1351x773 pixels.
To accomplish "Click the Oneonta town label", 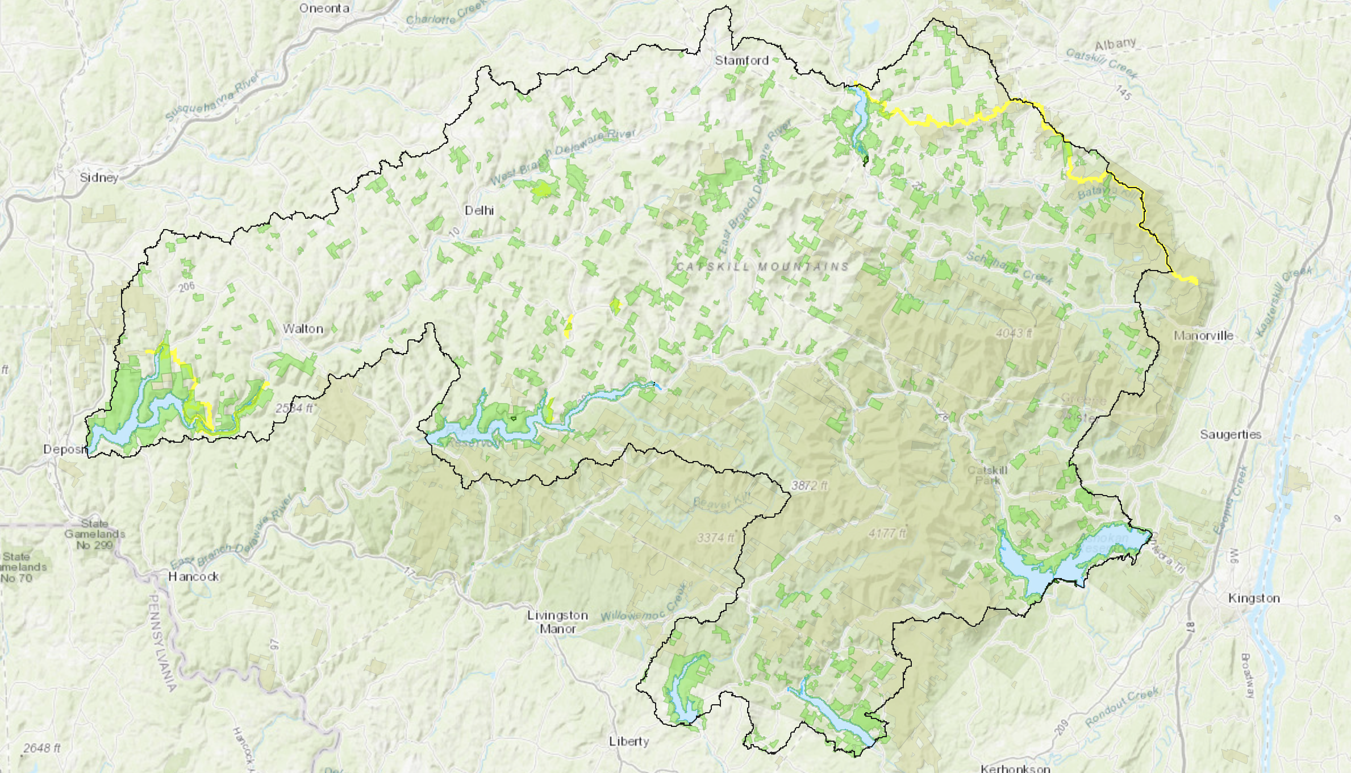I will [x=324, y=8].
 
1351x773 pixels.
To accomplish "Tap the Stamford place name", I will [x=741, y=60].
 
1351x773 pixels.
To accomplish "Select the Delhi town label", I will [x=479, y=210].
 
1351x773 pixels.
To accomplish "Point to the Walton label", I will [x=303, y=329].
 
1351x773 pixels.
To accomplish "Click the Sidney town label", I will [x=99, y=177].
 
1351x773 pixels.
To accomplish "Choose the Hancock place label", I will [x=194, y=576].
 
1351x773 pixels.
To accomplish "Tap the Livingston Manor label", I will [x=557, y=622].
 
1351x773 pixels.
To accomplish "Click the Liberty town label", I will [x=628, y=741].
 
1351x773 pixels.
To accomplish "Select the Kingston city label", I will [x=1254, y=598].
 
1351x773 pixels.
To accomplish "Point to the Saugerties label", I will [x=1231, y=434].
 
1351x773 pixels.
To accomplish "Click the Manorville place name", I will [x=1203, y=335].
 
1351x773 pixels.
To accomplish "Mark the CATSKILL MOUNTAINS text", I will [x=762, y=267].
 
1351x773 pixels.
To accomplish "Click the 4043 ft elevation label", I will [x=1014, y=333].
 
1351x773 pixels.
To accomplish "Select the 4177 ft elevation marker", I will [x=887, y=533].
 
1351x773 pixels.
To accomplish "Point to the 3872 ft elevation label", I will [x=810, y=485].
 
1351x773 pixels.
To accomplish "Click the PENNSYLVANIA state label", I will [x=162, y=642].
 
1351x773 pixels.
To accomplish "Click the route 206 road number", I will [x=186, y=287].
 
